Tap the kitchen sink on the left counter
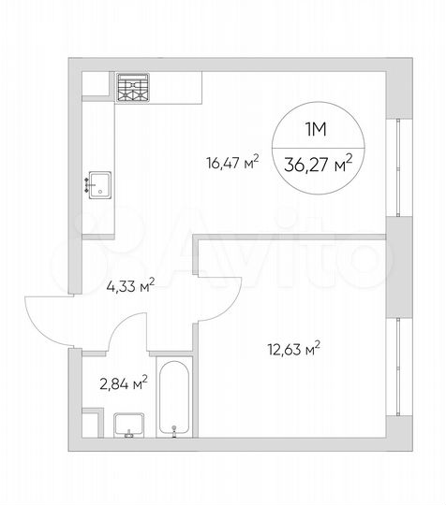coord(99,182)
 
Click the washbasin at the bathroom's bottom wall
coord(128,425)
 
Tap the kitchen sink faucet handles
coord(88,182)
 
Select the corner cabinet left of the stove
coord(97,85)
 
